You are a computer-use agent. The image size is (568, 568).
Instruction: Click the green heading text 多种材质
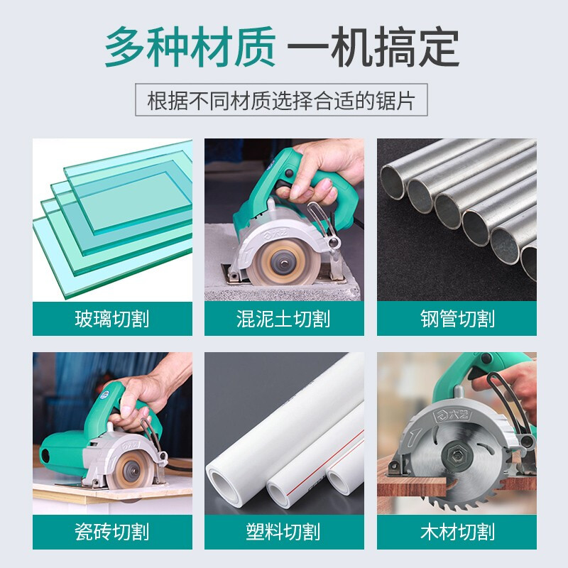click(x=190, y=48)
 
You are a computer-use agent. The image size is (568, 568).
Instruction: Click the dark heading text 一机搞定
click(x=373, y=48)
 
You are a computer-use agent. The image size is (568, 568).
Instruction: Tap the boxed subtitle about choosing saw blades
click(x=284, y=99)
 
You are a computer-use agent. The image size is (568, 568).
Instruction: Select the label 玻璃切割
click(x=112, y=319)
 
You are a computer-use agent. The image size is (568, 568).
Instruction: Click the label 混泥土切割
click(x=284, y=319)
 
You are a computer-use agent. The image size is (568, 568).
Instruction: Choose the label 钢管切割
click(x=457, y=319)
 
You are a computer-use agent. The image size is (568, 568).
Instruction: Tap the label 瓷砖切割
click(x=112, y=531)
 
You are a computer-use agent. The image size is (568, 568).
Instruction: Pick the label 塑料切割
click(x=284, y=531)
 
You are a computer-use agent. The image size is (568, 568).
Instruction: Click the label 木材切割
click(x=457, y=531)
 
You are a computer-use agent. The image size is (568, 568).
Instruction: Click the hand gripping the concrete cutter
click(x=312, y=174)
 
